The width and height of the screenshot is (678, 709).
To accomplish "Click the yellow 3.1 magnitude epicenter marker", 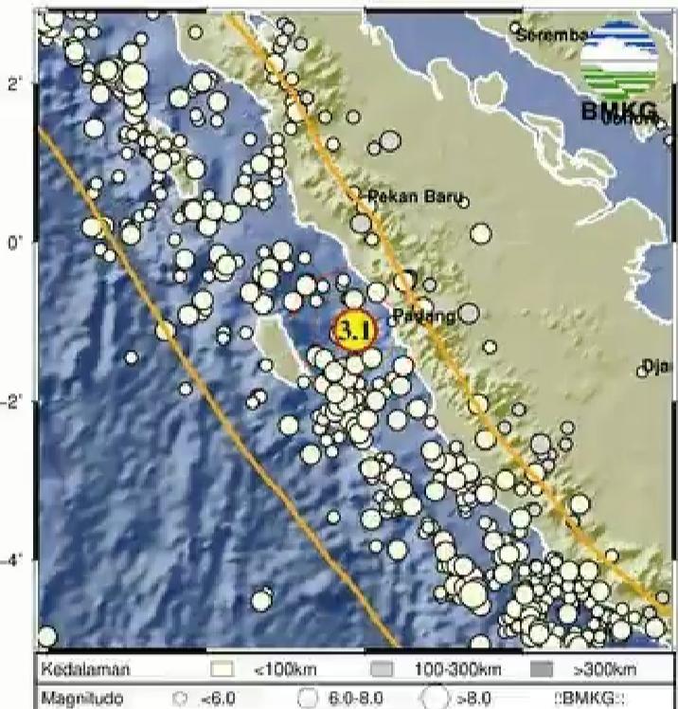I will click(354, 331).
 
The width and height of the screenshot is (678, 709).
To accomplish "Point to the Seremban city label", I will click(548, 35).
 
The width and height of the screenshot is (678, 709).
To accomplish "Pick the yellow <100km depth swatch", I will click(221, 670).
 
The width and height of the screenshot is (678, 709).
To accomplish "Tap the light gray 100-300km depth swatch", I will click(382, 670).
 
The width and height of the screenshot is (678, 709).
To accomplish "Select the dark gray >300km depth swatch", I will click(542, 670).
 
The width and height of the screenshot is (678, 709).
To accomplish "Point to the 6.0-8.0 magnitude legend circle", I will click(307, 698).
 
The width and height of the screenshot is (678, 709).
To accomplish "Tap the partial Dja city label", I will click(655, 366).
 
